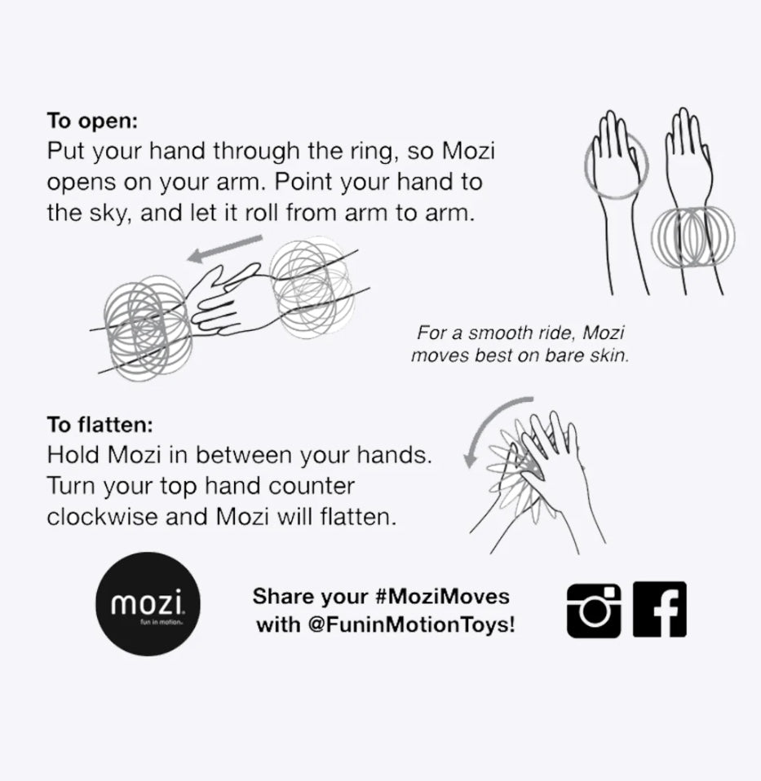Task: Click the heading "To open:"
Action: pyautogui.click(x=92, y=121)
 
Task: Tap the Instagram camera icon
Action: pyautogui.click(x=593, y=610)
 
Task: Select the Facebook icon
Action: pyautogui.click(x=659, y=610)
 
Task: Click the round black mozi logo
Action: pyautogui.click(x=149, y=604)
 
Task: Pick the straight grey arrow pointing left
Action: pyautogui.click(x=224, y=249)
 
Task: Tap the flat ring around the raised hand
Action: pyautogui.click(x=616, y=167)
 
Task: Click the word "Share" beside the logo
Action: pyautogui.click(x=282, y=596)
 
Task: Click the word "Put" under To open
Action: pyautogui.click(x=66, y=152)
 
